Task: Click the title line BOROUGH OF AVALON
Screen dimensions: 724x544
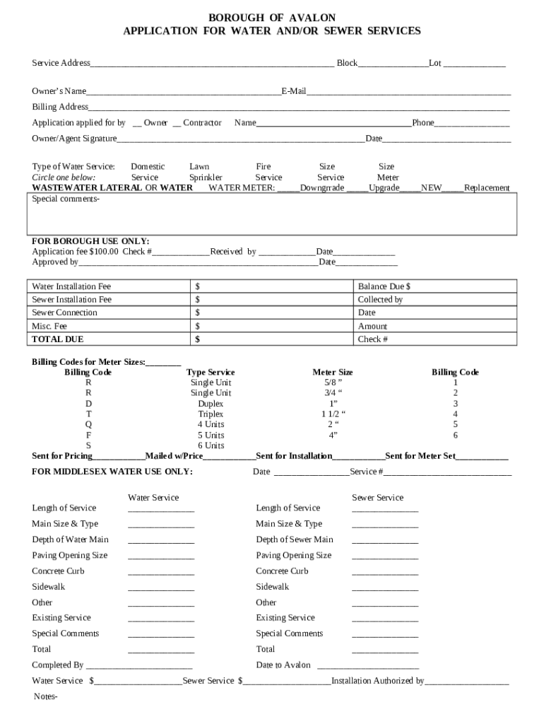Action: point(272,17)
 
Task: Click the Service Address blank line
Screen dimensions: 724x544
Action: point(212,64)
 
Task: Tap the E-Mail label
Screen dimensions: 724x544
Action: point(294,91)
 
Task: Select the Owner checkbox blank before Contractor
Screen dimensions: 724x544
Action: point(137,124)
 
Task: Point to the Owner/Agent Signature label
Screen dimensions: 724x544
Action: point(74,139)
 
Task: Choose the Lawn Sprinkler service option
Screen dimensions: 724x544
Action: point(206,172)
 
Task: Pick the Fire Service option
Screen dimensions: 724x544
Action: point(268,172)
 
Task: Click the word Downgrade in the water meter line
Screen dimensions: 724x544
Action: point(322,188)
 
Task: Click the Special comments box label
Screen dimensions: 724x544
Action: point(66,199)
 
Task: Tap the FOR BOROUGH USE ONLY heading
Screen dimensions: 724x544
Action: point(90,241)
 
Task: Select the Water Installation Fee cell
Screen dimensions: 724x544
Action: point(71,286)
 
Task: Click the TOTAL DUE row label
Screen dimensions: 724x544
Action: point(58,339)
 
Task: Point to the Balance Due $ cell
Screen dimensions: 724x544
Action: point(384,286)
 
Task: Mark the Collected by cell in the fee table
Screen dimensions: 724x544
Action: point(380,300)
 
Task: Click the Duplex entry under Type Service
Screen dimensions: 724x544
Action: point(211,404)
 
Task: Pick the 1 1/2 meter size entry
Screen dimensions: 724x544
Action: point(333,414)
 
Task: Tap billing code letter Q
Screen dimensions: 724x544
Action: point(88,425)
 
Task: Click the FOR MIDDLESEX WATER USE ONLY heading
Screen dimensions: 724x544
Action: point(112,472)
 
